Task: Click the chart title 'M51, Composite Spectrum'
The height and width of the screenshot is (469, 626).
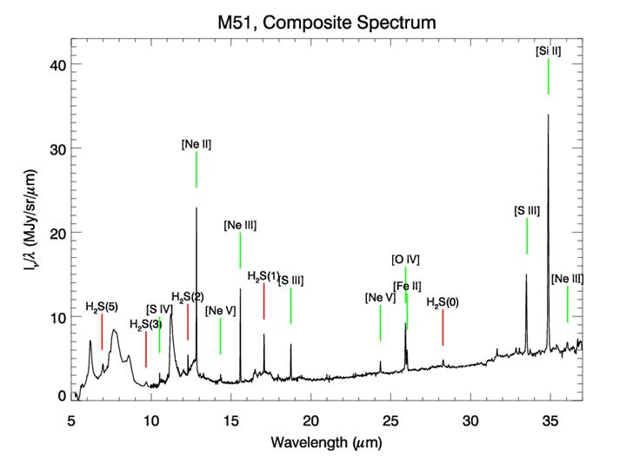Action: pos(326,19)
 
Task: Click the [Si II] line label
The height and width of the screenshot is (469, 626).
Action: pos(549,51)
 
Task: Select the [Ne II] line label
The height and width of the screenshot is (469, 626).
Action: pos(196,143)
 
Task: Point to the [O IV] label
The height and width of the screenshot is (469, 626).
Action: pos(405,259)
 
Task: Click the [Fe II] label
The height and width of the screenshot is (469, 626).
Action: pos(408,286)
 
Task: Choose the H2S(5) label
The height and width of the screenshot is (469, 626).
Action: pos(102,307)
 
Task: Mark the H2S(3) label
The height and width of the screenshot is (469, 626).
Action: pos(145,325)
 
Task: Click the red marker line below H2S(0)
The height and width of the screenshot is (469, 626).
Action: pos(443,327)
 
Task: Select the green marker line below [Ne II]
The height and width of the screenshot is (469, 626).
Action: pos(196,169)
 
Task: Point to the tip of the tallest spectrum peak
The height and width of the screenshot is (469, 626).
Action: pos(548,115)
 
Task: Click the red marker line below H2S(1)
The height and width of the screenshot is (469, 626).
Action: pos(263,301)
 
